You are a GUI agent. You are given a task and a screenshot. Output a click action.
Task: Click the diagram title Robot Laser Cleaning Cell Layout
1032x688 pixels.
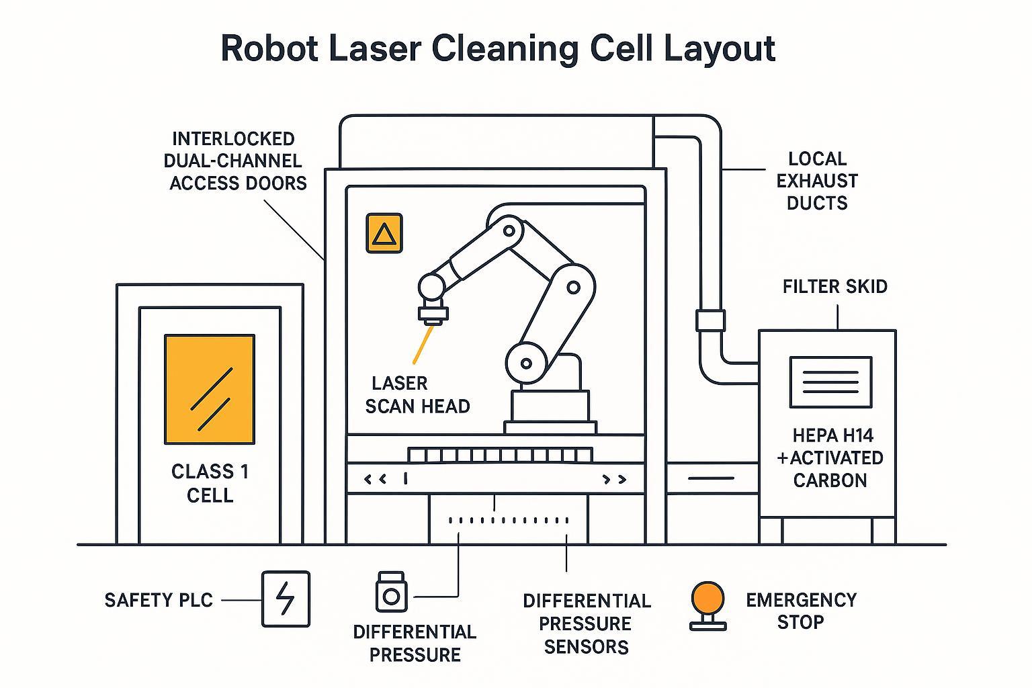pos(498,49)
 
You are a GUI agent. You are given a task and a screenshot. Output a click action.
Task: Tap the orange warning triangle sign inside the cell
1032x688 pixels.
pos(384,233)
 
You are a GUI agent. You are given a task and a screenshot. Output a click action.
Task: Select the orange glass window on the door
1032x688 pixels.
pos(210,390)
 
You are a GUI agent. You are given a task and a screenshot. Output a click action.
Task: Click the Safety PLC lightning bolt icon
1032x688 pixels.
pos(286,599)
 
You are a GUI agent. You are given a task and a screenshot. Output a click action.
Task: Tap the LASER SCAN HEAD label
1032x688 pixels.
pos(417,394)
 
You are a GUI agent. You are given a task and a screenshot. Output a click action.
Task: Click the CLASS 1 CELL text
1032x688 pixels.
pos(210,483)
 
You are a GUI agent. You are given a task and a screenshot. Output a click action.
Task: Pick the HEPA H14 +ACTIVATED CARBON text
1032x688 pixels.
pos(830,458)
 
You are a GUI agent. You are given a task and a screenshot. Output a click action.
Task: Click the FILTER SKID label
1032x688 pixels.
pos(834,287)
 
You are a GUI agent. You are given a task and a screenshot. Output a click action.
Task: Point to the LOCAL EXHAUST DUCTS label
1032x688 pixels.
pos(817,181)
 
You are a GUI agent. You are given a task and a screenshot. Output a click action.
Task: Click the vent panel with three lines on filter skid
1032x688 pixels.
pos(830,382)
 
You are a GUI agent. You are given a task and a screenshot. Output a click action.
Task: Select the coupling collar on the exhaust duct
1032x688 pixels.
pos(710,320)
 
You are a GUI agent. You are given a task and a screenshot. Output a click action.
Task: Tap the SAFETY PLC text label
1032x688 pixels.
pos(159,600)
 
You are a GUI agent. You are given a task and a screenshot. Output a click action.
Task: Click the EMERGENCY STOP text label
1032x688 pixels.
pos(801,611)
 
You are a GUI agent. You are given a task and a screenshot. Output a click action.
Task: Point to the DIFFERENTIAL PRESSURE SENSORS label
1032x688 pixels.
pos(586,623)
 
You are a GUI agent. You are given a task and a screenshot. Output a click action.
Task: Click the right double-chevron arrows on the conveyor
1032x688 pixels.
pos(614,479)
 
